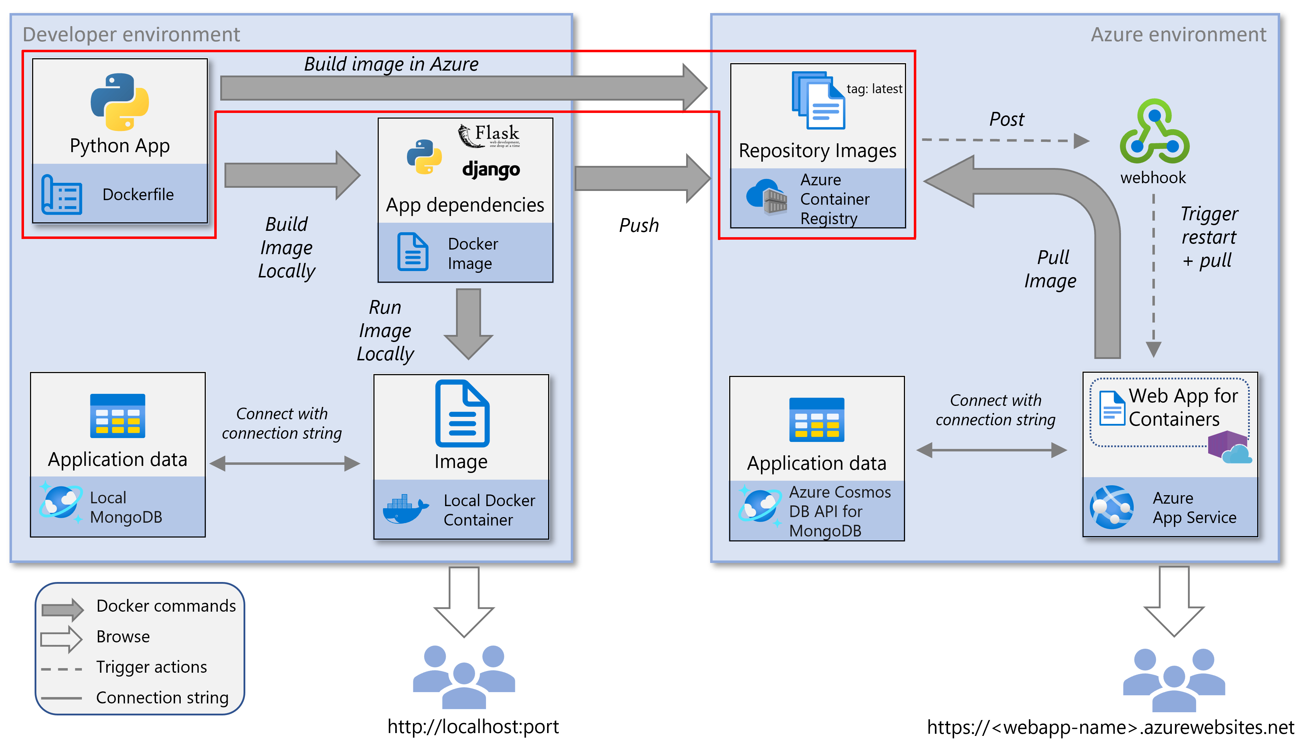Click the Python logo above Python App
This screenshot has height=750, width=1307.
119,102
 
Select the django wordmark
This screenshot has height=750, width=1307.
491,169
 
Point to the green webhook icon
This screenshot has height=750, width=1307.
1154,132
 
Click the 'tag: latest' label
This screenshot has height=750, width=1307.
874,89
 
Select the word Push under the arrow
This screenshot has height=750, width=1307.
638,225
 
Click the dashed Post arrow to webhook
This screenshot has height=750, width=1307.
1004,140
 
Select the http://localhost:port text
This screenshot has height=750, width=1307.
472,726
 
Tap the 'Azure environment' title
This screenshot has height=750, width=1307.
1178,35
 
